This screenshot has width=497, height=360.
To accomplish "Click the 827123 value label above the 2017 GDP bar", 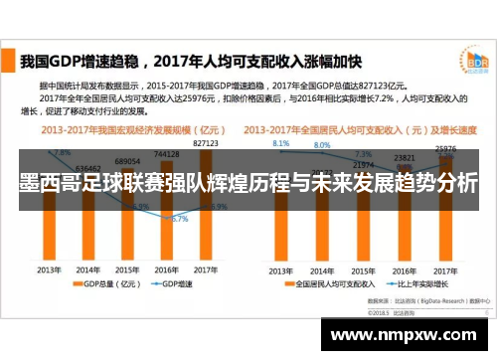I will click(205, 143).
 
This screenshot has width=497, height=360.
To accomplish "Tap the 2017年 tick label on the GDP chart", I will click(205, 270).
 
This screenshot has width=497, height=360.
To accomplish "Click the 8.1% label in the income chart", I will click(281, 143).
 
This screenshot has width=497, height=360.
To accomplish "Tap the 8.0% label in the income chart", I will click(322, 145).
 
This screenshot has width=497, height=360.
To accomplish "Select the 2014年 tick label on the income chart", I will click(320, 270).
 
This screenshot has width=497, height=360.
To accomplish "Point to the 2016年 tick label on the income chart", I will click(404, 270).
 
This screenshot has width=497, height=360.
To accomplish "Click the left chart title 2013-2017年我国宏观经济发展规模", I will click(124, 129).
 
